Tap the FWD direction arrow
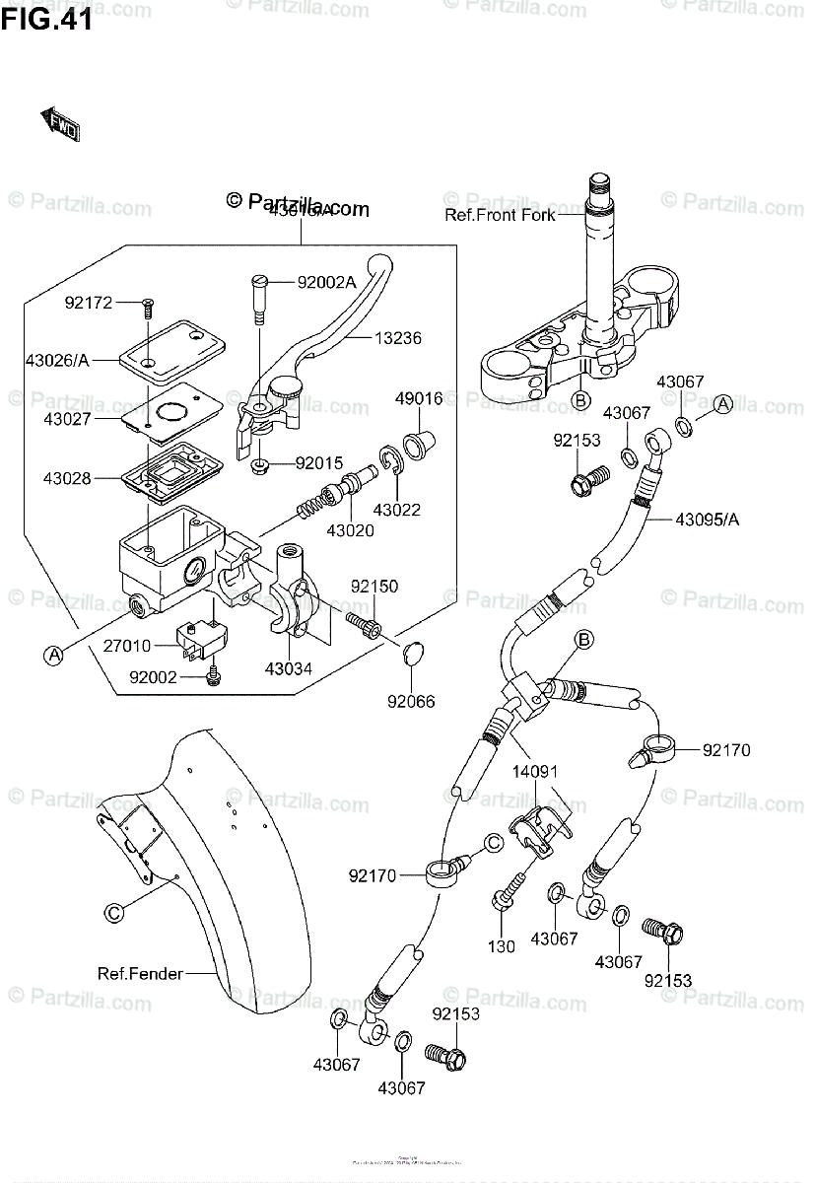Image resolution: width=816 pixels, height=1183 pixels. [x=60, y=124]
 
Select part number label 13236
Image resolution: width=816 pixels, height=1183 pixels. [x=397, y=338]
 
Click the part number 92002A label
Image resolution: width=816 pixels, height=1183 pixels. [x=326, y=282]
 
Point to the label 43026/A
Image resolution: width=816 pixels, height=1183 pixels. [x=57, y=360]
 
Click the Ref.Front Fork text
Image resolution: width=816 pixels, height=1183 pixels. [x=500, y=214]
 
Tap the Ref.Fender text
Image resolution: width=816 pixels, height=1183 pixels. [x=140, y=974]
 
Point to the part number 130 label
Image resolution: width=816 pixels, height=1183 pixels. [x=502, y=946]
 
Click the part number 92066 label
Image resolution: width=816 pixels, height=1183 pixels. [x=409, y=703]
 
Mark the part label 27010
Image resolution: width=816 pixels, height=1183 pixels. [x=126, y=647]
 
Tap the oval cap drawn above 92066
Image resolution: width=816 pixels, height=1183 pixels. [x=415, y=652]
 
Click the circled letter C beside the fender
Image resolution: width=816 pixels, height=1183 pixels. [x=114, y=913]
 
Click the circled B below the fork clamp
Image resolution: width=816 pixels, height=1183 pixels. [x=580, y=399]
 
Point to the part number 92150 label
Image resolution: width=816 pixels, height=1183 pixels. [x=374, y=587]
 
